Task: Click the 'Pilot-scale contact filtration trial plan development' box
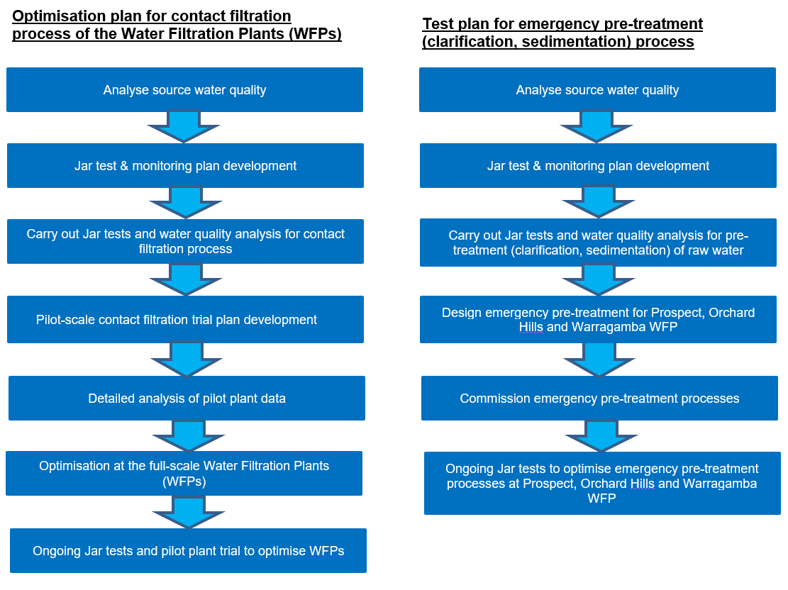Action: (x=186, y=319)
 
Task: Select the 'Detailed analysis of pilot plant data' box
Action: (x=187, y=398)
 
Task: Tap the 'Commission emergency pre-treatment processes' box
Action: (x=599, y=398)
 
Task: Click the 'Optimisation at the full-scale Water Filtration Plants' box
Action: (x=184, y=473)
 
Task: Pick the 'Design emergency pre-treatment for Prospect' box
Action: (x=598, y=319)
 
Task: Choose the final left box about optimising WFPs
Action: (x=188, y=550)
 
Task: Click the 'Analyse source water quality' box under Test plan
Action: (x=597, y=90)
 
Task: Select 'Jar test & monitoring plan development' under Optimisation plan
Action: (x=185, y=166)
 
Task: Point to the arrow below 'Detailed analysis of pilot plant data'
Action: (x=188, y=435)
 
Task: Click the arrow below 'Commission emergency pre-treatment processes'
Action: (x=601, y=435)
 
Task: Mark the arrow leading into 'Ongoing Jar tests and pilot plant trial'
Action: (x=188, y=511)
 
